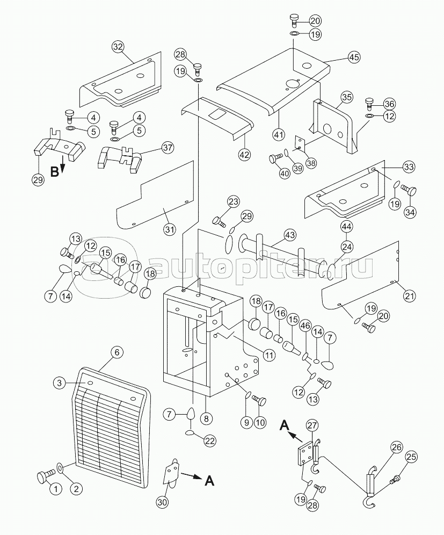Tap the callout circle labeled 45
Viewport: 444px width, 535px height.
pyautogui.click(x=354, y=57)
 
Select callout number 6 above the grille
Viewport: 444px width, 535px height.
pyautogui.click(x=117, y=353)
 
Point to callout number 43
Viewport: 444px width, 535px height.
pyautogui.click(x=290, y=235)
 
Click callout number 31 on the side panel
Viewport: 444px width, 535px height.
pyautogui.click(x=170, y=229)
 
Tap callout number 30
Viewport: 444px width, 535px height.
pyautogui.click(x=162, y=502)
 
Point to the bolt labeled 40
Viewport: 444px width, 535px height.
pyautogui.click(x=275, y=158)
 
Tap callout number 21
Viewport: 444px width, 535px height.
pyautogui.click(x=410, y=295)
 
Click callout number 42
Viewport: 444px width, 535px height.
pyautogui.click(x=244, y=155)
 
